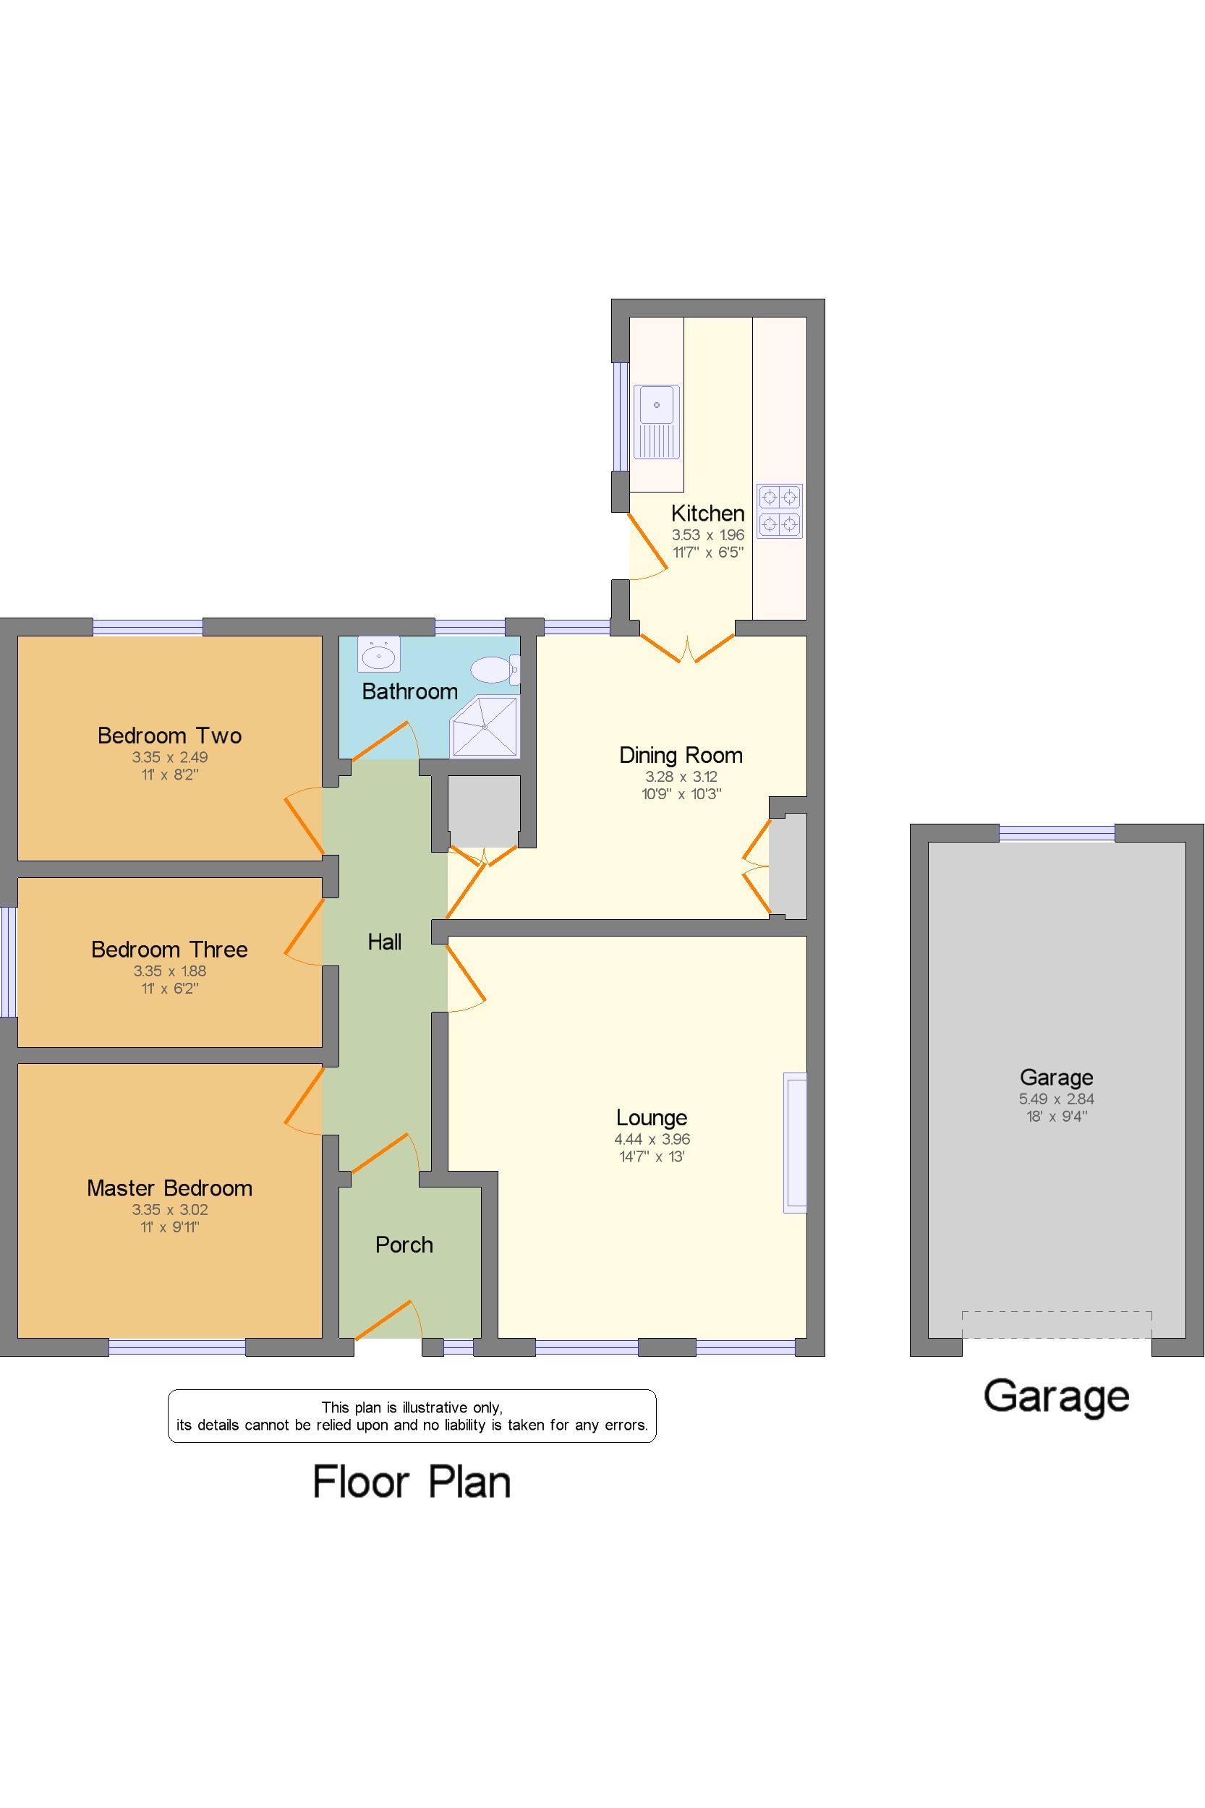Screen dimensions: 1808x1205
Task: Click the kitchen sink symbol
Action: (x=656, y=421)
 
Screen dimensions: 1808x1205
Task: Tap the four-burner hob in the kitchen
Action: (x=779, y=511)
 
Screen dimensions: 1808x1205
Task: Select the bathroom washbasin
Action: (x=378, y=654)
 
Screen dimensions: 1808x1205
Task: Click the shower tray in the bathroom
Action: (x=485, y=726)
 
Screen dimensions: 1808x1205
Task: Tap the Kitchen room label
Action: (x=707, y=513)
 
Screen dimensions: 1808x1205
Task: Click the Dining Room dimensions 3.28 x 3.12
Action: (x=681, y=777)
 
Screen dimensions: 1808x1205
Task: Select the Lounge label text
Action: (x=651, y=1117)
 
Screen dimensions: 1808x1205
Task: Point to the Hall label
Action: (x=384, y=942)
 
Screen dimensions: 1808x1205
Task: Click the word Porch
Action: (x=404, y=1245)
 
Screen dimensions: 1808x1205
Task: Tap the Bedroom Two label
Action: (x=169, y=735)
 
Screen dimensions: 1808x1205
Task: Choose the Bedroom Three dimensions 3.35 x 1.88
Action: (x=169, y=971)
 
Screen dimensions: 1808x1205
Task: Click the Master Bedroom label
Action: (x=169, y=1188)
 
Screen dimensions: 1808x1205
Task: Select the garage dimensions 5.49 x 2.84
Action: (x=1056, y=1099)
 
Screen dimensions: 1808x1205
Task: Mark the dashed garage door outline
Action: (x=1056, y=1323)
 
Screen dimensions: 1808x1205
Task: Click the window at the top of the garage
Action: (x=1056, y=832)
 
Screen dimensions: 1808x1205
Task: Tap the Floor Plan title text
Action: (x=411, y=1483)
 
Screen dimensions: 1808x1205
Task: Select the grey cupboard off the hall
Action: (x=483, y=811)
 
